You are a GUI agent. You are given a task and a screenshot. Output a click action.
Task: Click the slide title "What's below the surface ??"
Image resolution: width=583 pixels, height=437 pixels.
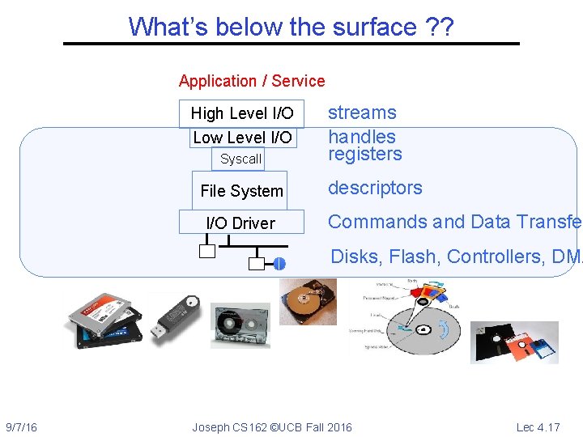tap(291, 27)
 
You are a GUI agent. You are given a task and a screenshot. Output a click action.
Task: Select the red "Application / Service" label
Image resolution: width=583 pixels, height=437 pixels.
tap(252, 81)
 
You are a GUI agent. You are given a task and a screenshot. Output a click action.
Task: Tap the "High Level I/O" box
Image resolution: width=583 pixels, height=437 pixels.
tap(241, 113)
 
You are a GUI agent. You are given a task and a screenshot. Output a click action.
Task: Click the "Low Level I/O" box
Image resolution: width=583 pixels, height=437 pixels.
tap(242, 138)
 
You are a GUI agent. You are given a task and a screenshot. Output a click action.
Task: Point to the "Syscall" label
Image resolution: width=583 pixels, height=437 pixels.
tap(241, 159)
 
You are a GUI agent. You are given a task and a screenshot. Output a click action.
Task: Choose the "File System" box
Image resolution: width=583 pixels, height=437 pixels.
tap(241, 191)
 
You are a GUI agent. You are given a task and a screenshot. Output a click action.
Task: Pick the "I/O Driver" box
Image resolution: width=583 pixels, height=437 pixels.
tap(241, 223)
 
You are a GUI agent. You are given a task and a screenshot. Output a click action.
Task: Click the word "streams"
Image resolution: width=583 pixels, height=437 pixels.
tap(362, 112)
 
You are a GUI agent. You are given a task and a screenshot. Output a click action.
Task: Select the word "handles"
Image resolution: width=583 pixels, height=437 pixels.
tap(362, 137)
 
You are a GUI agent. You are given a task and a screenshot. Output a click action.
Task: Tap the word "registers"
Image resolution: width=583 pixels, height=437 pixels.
tap(365, 154)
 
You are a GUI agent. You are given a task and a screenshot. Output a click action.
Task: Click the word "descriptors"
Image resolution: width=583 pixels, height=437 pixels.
tap(375, 188)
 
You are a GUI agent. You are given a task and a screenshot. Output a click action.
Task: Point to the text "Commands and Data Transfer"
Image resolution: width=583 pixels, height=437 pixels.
tap(454, 222)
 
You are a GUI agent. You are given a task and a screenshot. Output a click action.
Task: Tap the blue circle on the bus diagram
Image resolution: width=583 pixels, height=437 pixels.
tap(279, 264)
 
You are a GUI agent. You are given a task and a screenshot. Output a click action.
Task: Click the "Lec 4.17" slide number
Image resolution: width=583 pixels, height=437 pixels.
tap(538, 427)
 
